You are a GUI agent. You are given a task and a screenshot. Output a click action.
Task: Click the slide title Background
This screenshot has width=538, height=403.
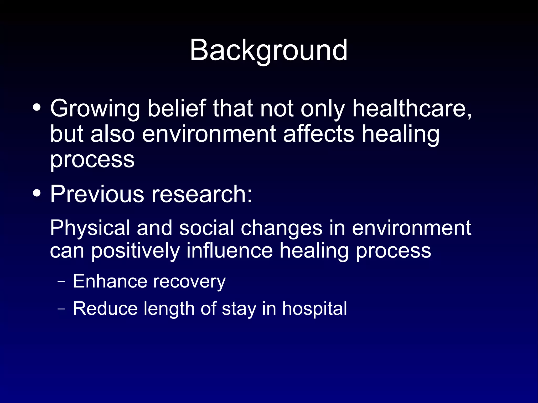coord(268,50)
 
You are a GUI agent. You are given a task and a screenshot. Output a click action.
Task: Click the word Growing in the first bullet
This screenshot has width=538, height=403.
coord(95,109)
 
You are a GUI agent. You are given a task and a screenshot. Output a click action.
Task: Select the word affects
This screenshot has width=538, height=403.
coord(319,134)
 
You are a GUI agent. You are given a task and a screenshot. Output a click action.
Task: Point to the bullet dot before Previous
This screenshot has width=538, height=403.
coord(37,193)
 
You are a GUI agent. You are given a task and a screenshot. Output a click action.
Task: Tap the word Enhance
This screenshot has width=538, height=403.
coord(110,281)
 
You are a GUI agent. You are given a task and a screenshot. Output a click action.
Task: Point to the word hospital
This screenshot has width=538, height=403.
coord(314,309)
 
